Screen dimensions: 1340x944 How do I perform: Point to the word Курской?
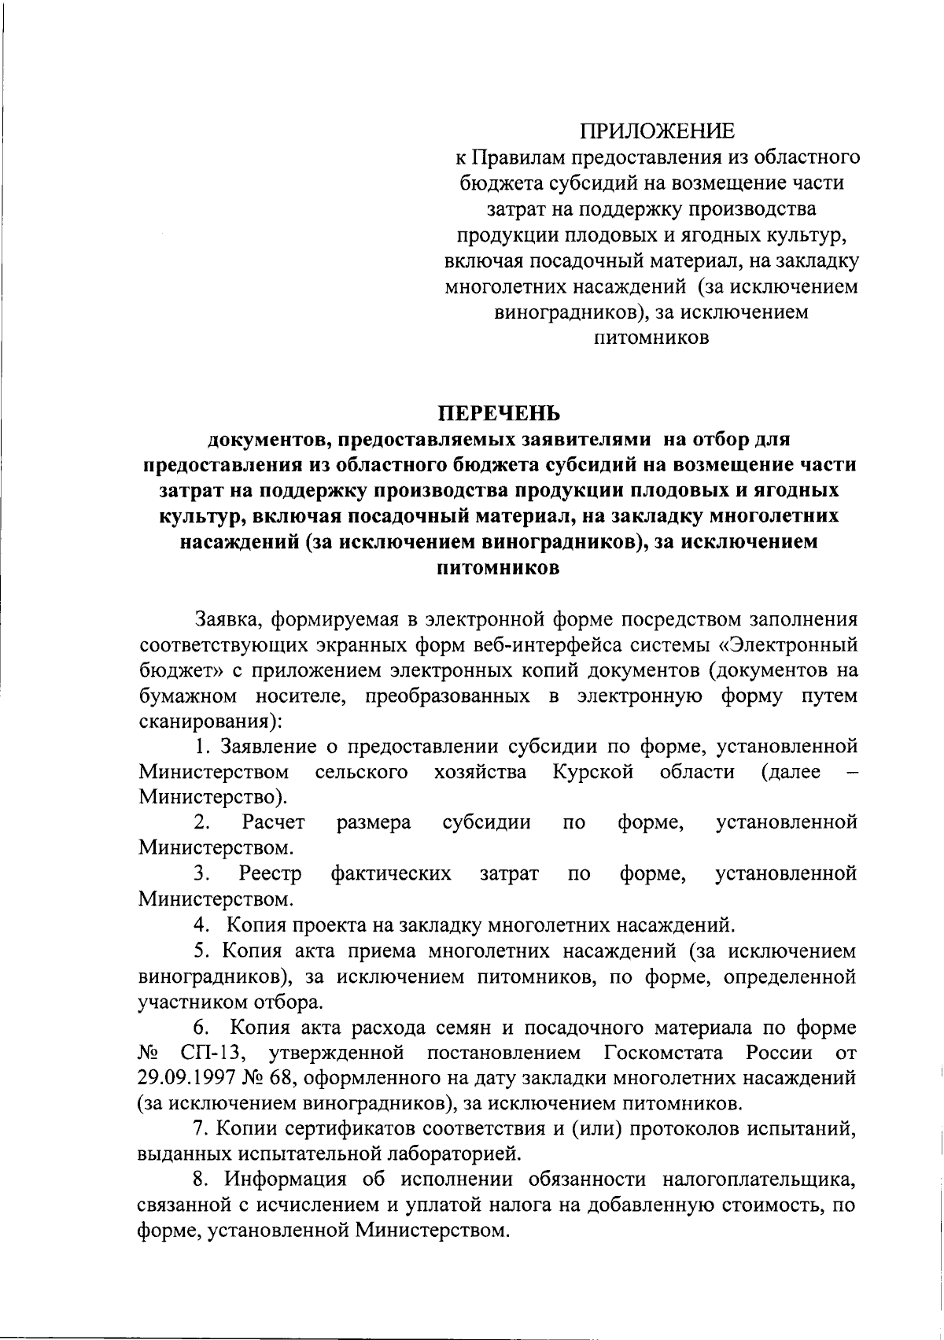pyautogui.click(x=593, y=772)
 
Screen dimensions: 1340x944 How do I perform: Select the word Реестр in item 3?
pyautogui.click(x=270, y=873)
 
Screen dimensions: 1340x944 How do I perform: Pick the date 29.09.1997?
pyautogui.click(x=186, y=1078)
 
